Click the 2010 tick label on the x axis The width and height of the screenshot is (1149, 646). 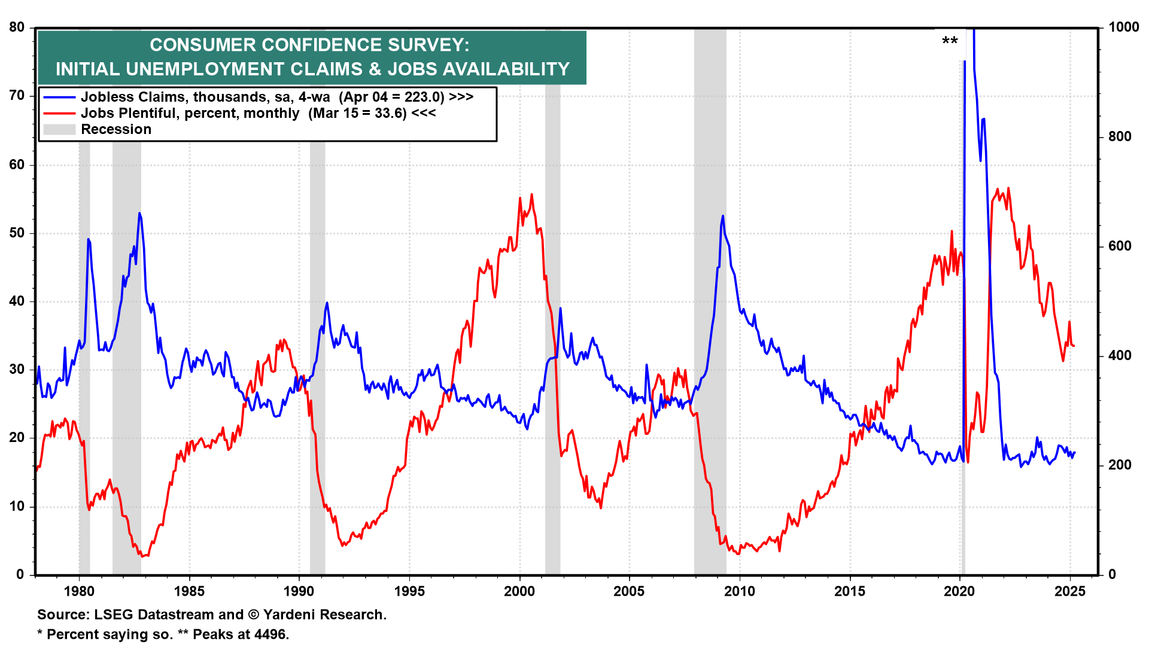pos(739,592)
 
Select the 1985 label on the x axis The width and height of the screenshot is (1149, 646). pos(189,592)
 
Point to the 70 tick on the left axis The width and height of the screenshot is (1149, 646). pos(17,96)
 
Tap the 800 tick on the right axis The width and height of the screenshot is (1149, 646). pos(1120,136)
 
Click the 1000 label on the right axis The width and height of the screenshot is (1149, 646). pos(1123,27)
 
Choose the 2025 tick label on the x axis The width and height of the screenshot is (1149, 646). pos(1069,592)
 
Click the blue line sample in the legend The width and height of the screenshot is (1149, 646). pos(59,97)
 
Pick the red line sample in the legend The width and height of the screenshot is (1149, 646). pos(59,114)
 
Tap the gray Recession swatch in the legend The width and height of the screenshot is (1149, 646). pos(59,130)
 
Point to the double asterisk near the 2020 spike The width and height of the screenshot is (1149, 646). pos(950,41)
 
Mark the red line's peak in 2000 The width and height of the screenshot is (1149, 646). pos(531,194)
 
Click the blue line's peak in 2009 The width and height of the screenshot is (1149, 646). pos(723,216)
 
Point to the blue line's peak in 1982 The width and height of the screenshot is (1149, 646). pos(139,213)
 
